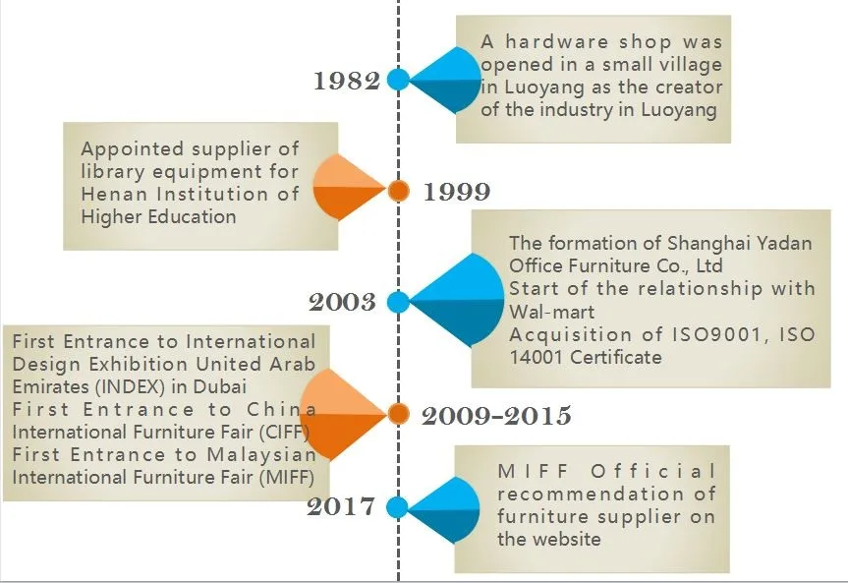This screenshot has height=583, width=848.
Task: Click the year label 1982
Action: pos(347,82)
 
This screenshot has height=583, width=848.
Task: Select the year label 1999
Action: pos(456,192)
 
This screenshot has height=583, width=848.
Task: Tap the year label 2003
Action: pos(343,302)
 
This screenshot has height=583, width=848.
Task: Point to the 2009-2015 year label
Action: pos(496,416)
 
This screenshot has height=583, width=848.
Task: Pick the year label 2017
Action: pos(341,507)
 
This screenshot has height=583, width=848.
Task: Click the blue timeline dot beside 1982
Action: pos(398,80)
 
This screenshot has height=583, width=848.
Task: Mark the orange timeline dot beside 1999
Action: pos(398,191)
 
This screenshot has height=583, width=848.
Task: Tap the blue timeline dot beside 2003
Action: pos(398,302)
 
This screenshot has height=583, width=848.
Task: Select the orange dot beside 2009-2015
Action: pos(398,414)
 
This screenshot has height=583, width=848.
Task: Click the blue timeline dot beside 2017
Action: pos(397,507)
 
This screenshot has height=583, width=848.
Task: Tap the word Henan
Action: pos(109,195)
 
